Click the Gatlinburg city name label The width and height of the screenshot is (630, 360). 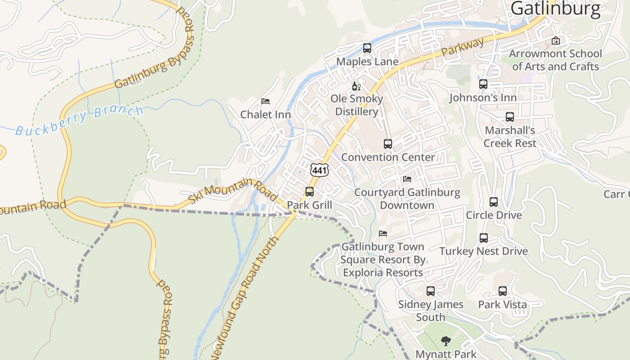point(555,9)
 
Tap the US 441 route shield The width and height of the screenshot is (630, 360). point(319,170)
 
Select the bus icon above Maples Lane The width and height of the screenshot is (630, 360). point(367,48)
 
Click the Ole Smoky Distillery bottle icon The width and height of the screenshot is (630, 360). point(356,86)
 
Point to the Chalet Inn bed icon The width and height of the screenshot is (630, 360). point(265,101)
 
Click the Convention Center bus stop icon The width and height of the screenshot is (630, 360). point(388,144)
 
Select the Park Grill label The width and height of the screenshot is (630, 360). point(310,205)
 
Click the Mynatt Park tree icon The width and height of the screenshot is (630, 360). point(446,341)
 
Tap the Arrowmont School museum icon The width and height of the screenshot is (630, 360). point(556,40)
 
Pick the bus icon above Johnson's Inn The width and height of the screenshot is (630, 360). point(483,84)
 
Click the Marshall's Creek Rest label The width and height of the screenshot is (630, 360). point(510,137)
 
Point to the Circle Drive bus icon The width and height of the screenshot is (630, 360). point(494,202)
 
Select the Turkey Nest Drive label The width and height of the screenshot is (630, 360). point(484,251)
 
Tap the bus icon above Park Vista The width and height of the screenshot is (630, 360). point(503,291)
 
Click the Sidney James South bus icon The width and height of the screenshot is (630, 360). point(431,291)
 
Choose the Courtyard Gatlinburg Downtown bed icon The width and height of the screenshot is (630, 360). point(407,179)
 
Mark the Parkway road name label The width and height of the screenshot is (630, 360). point(463,47)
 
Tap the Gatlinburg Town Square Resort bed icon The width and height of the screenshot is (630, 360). point(383,234)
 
